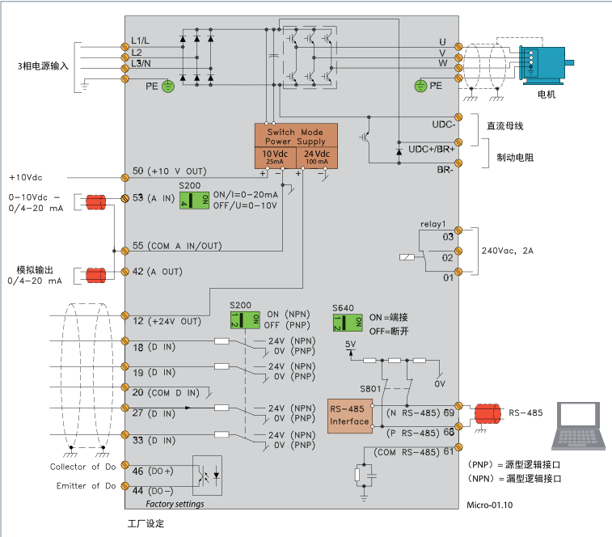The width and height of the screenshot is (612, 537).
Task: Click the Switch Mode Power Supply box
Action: pyautogui.click(x=295, y=136)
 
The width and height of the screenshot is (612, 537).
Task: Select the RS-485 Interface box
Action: pyautogui.click(x=349, y=416)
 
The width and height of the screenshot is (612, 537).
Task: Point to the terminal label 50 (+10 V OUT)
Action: pyautogui.click(x=169, y=171)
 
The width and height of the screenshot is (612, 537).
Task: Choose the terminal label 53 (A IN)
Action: pyautogui.click(x=154, y=198)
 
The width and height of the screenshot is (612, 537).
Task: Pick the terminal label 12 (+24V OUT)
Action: pyautogui.click(x=166, y=321)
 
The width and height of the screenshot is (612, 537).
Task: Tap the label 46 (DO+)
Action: pyautogui.click(x=152, y=470)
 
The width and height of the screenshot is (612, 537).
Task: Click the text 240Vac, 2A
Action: pyautogui.click(x=508, y=251)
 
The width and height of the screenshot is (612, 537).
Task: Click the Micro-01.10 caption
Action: pyautogui.click(x=490, y=504)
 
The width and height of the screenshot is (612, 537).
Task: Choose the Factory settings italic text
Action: pyautogui.click(x=175, y=504)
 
